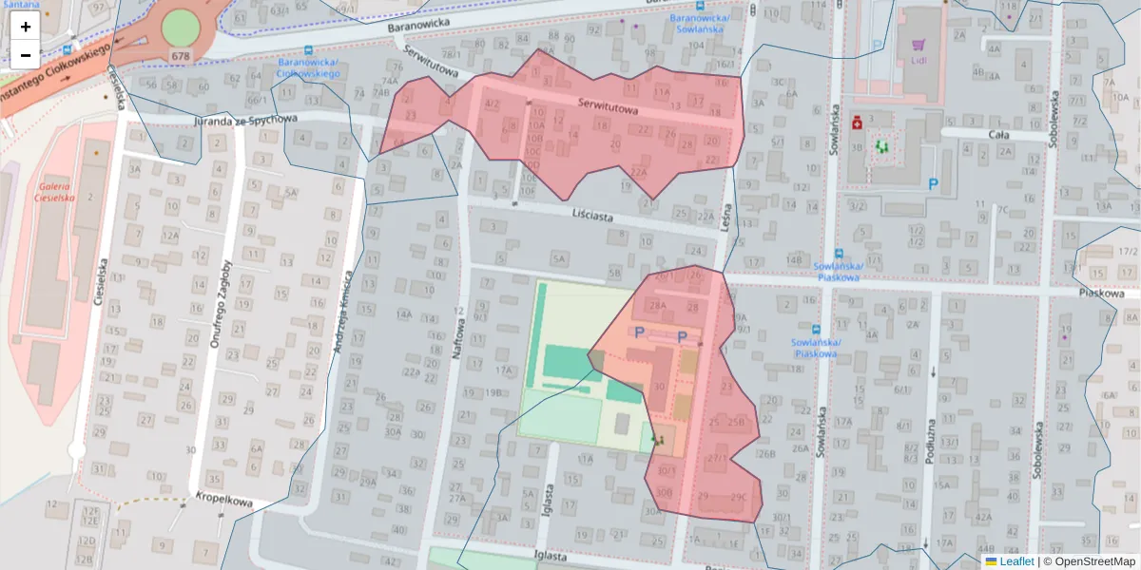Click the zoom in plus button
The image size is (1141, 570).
point(26,27)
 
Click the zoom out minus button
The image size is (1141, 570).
point(26,55)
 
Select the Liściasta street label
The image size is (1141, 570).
point(593,217)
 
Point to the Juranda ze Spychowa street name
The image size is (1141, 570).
point(245,121)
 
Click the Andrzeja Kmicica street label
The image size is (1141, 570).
point(343,313)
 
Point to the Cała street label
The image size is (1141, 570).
point(998,135)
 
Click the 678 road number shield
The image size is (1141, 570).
point(181,56)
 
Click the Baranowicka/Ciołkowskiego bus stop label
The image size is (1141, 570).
point(309,67)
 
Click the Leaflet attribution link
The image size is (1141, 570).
point(1015,561)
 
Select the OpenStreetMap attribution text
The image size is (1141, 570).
point(1093,561)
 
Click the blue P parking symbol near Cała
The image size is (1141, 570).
point(933,185)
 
